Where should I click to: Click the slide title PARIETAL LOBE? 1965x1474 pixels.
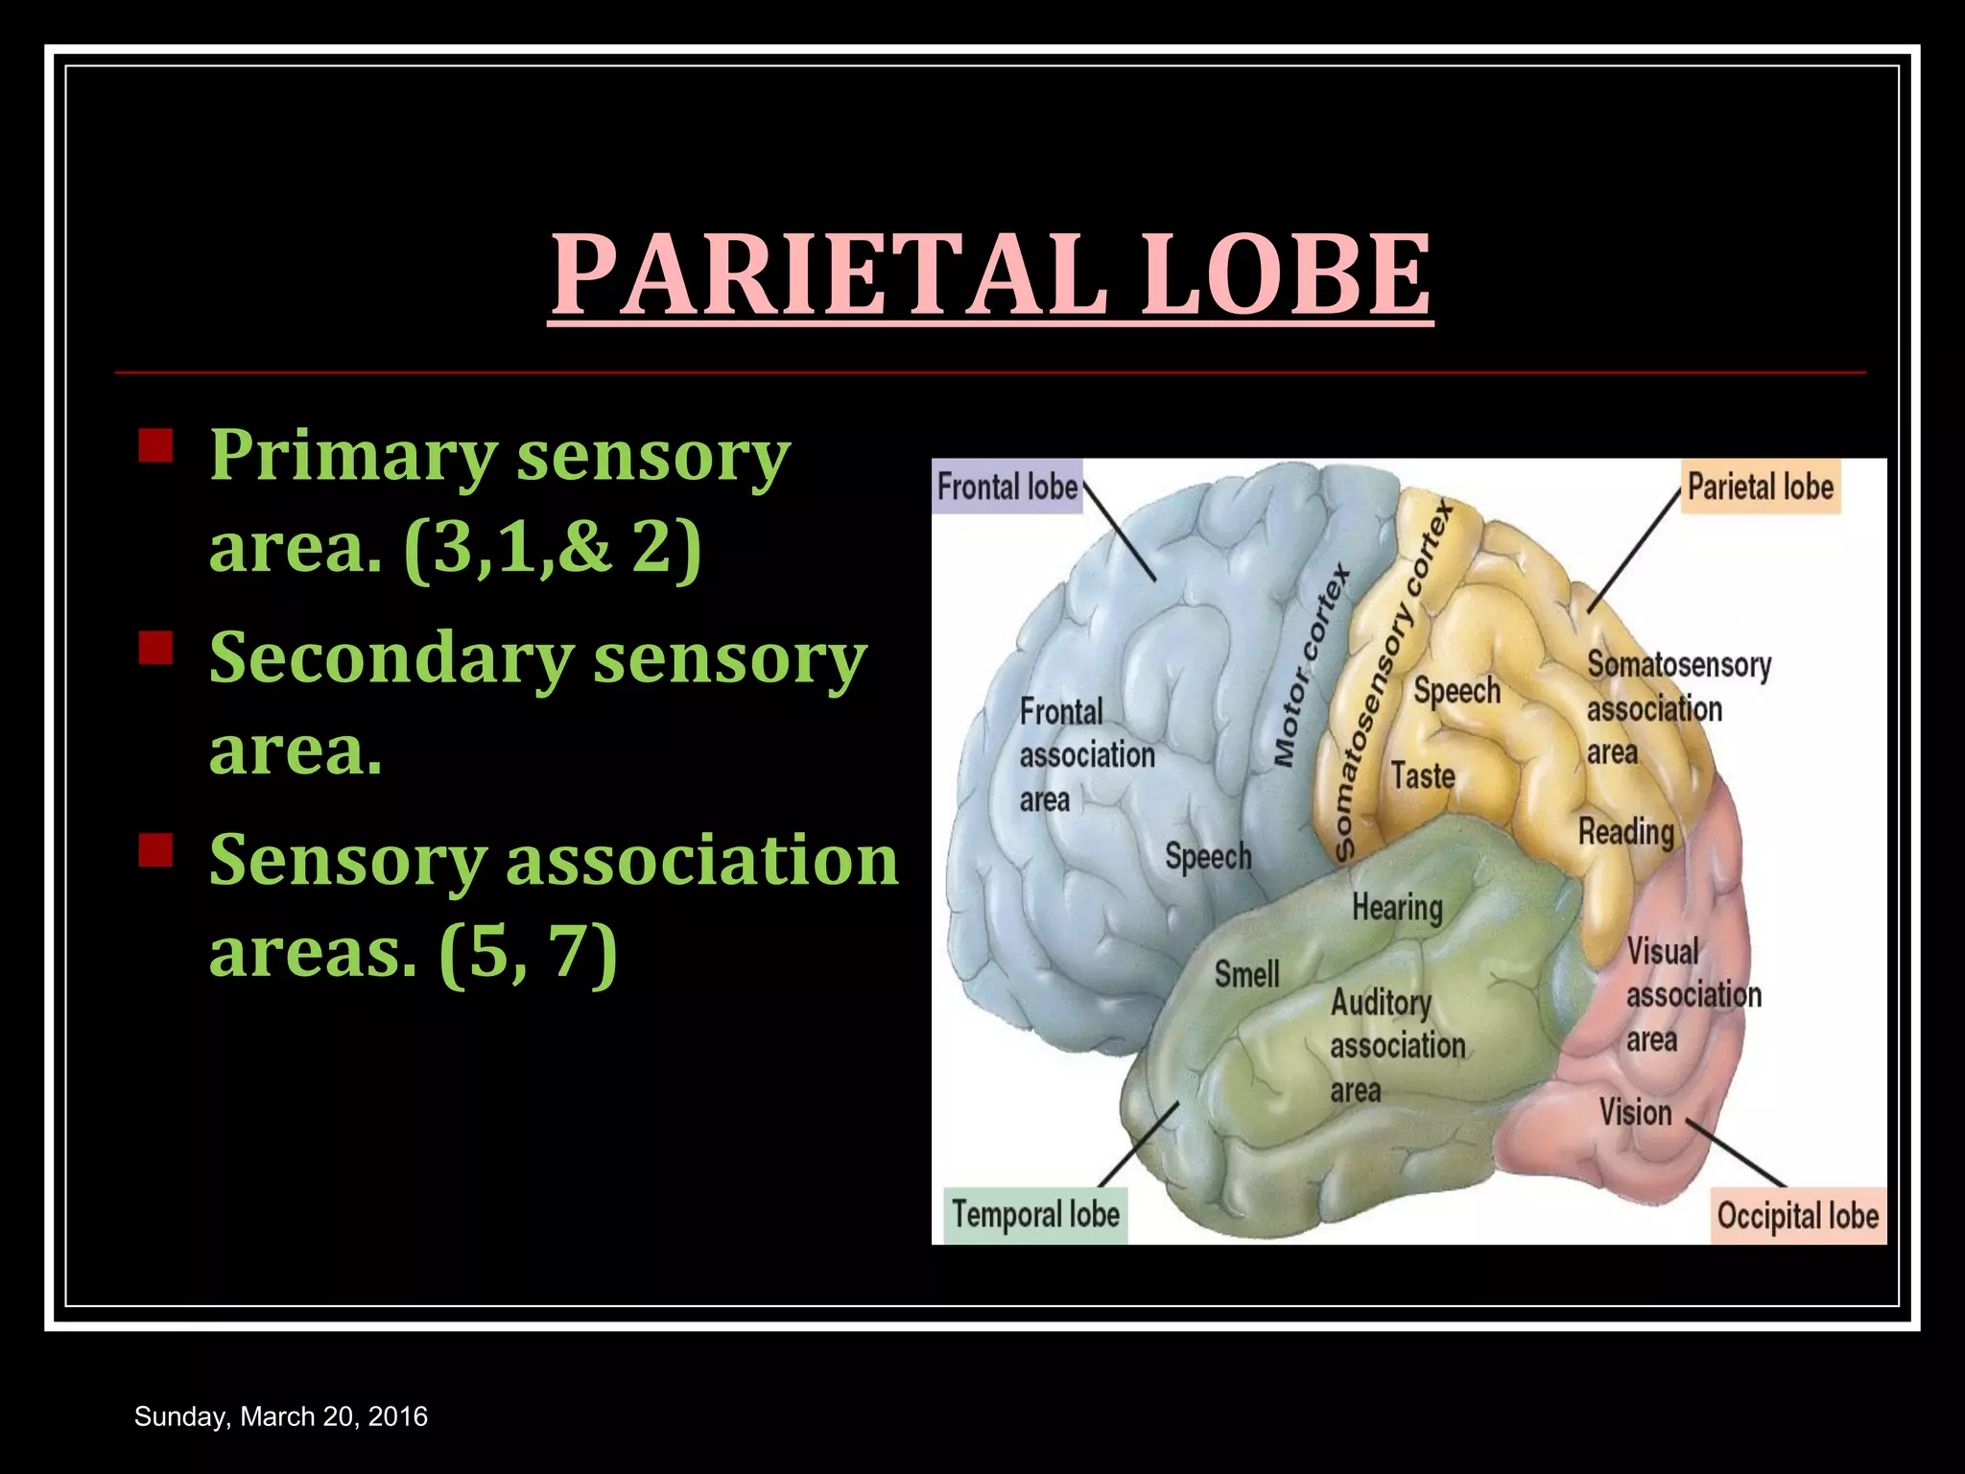(x=991, y=274)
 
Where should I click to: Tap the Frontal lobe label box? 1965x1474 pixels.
(x=1007, y=487)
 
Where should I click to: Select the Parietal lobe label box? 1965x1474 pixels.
(x=1761, y=487)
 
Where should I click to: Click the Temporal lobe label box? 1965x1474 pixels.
(x=1035, y=1215)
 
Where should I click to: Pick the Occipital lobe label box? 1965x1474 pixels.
(x=1797, y=1216)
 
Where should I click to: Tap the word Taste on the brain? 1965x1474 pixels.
(x=1423, y=775)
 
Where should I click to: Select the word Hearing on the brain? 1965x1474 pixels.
(x=1397, y=907)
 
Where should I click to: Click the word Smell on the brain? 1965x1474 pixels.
(x=1246, y=975)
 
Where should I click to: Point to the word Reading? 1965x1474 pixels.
(x=1626, y=832)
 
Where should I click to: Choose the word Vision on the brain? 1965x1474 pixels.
(x=1635, y=1113)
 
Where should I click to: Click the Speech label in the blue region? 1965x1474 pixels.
(x=1208, y=856)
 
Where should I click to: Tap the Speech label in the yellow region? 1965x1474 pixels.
(x=1456, y=691)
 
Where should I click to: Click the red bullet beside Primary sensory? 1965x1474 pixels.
(x=155, y=446)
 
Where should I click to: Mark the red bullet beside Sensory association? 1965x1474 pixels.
(x=155, y=850)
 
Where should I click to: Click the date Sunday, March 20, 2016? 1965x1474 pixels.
(x=281, y=1416)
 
